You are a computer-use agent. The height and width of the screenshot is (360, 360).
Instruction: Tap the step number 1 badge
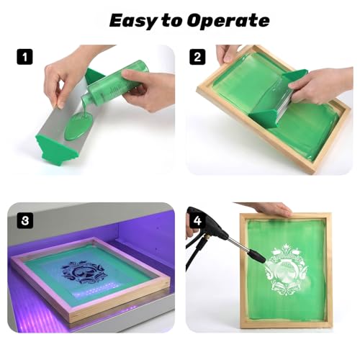(24, 57)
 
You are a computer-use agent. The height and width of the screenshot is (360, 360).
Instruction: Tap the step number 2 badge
(197, 57)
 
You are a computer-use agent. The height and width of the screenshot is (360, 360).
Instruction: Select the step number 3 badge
(25, 220)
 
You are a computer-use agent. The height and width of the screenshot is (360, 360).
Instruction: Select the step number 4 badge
(197, 220)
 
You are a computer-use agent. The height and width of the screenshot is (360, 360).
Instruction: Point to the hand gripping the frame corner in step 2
(228, 54)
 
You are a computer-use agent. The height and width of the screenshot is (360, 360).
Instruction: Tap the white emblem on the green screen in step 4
(286, 271)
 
